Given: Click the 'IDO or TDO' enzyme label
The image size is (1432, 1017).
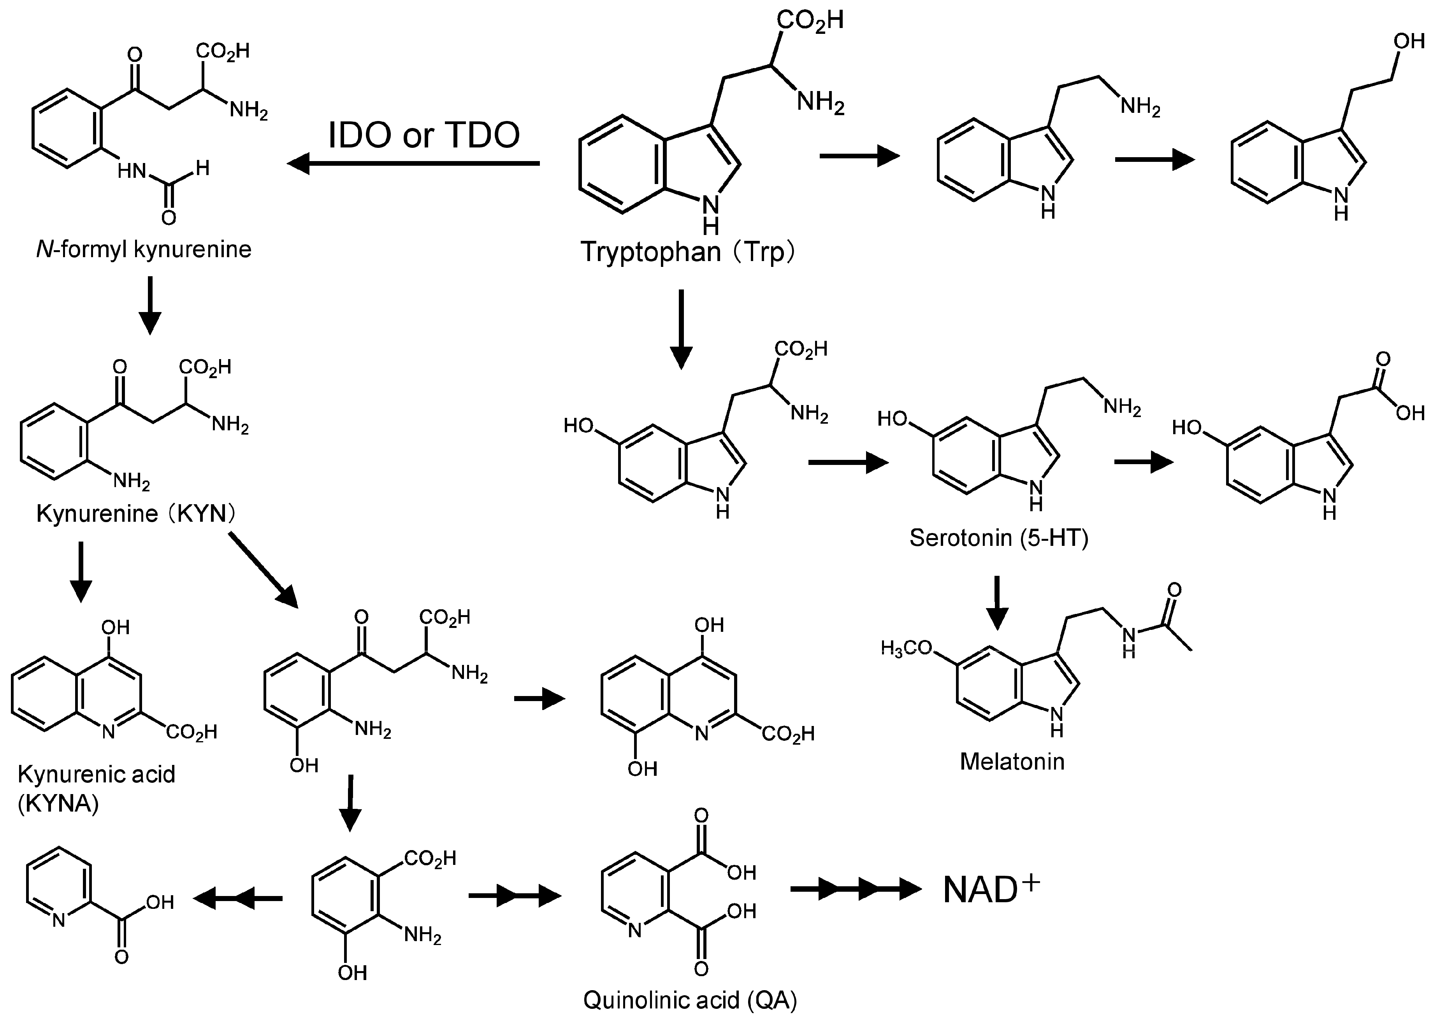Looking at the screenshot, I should point(424,135).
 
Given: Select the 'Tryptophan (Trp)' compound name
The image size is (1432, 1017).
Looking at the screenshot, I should point(687,252).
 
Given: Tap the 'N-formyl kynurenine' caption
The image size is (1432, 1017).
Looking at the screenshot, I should point(144,249).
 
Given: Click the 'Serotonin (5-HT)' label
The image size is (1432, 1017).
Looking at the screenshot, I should point(998,537).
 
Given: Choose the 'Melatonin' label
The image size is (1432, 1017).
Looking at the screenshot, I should point(1012,761).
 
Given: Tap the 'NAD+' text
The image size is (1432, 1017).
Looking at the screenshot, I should point(990,890).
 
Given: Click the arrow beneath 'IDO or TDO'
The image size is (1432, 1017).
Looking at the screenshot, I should point(413,164).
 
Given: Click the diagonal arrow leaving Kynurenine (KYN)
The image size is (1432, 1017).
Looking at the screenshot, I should point(263,570).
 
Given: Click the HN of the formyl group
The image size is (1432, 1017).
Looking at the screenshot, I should point(132,171).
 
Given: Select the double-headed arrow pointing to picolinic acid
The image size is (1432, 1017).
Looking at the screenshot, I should point(238,899).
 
